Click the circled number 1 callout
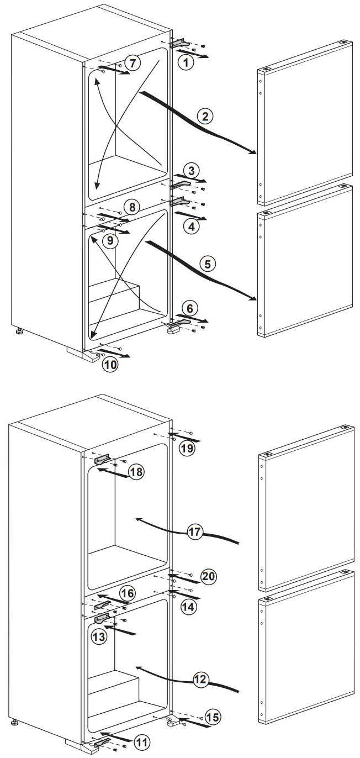pyautogui.click(x=187, y=63)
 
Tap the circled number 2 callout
pyautogui.click(x=205, y=117)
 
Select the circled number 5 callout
pyautogui.click(x=207, y=264)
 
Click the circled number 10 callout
pyautogui.click(x=109, y=364)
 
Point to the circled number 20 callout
pyautogui.click(x=209, y=576)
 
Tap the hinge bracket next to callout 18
pyautogui.click(x=103, y=458)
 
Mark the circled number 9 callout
pyautogui.click(x=110, y=240)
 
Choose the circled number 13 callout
pyautogui.click(x=99, y=635)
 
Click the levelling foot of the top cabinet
pyautogui.click(x=20, y=333)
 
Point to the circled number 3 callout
pyautogui.click(x=191, y=170)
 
